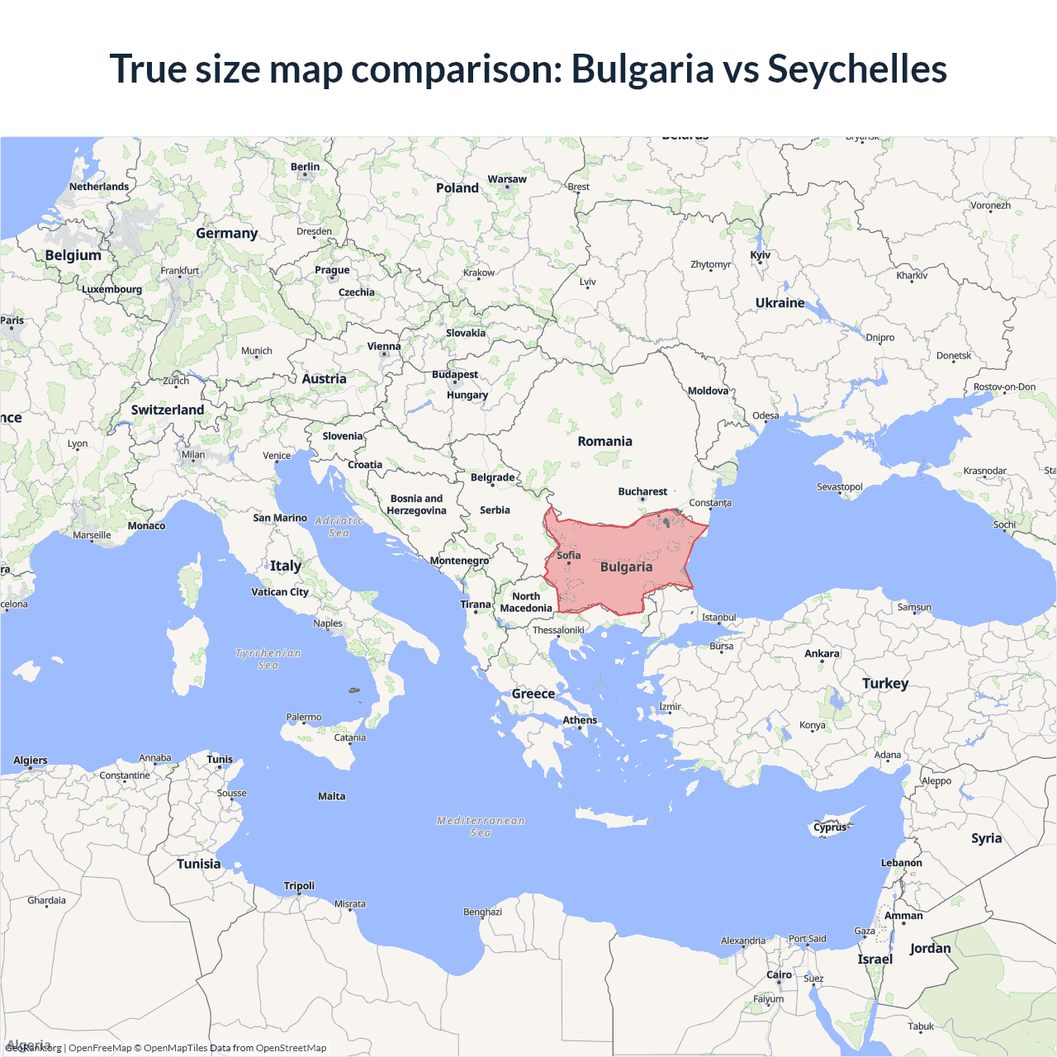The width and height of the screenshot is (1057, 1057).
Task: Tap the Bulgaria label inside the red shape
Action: click(626, 566)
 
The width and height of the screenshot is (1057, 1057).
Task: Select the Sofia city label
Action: click(569, 555)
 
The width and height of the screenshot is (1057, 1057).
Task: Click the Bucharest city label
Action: click(642, 491)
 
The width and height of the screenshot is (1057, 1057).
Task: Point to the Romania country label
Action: click(604, 441)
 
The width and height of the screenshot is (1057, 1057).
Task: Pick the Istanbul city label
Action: click(718, 617)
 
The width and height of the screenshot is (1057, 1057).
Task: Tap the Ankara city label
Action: click(822, 653)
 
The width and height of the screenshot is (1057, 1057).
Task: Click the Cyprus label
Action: click(830, 827)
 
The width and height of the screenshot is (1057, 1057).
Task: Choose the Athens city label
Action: click(580, 720)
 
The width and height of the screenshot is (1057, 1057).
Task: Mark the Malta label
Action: click(332, 796)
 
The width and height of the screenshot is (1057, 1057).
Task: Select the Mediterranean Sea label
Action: click(481, 827)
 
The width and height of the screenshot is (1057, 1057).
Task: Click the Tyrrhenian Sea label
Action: click(268, 659)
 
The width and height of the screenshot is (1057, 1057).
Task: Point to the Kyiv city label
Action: click(760, 255)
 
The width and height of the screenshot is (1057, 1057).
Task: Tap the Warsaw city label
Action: click(507, 179)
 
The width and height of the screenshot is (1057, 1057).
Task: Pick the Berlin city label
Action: click(305, 167)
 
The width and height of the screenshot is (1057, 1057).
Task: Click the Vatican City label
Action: click(280, 591)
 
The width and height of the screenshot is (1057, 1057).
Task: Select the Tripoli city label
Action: click(299, 885)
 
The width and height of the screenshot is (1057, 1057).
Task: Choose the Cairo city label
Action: click(779, 974)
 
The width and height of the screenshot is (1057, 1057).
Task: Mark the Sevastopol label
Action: click(839, 486)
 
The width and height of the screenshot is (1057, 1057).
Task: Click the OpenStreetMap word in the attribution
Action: click(291, 1048)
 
